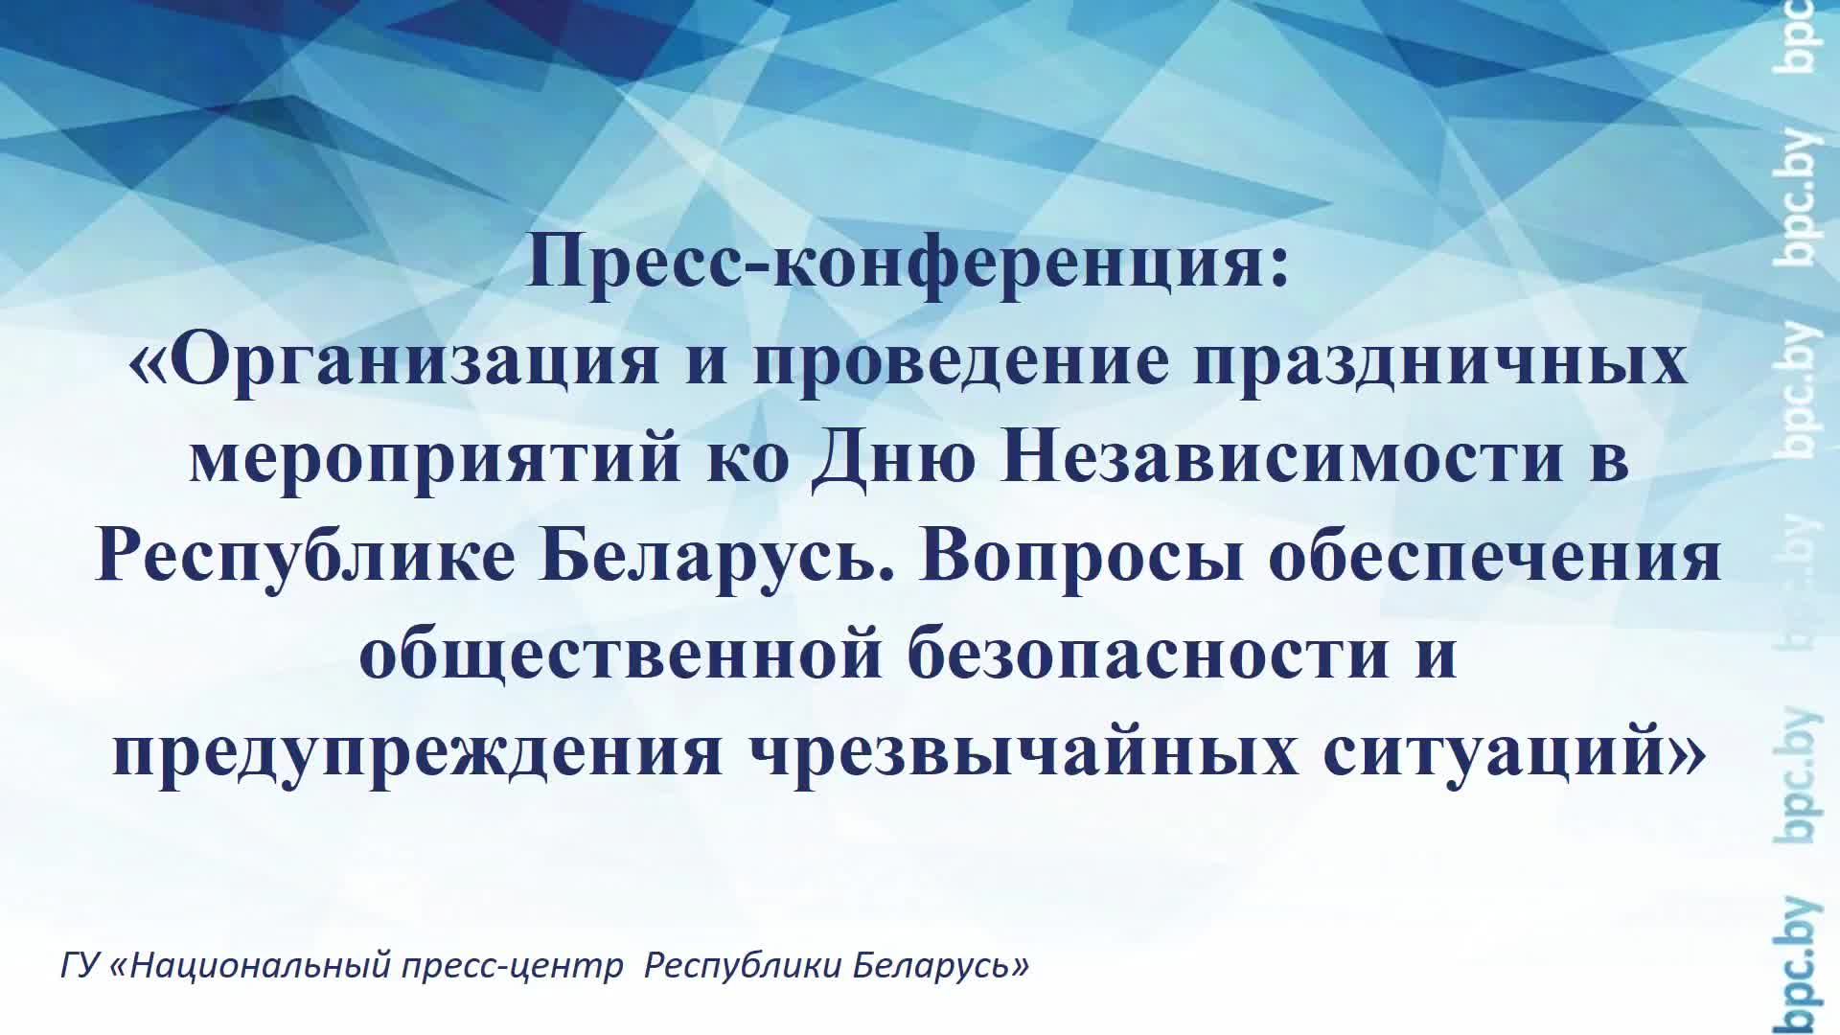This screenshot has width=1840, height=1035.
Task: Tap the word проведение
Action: pyautogui.click(x=960, y=361)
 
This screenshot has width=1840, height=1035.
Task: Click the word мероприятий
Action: pyautogui.click(x=435, y=459)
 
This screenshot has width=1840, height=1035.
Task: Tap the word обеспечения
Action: pyautogui.click(x=1495, y=557)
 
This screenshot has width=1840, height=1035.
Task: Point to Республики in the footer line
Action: pyautogui.click(x=742, y=964)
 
